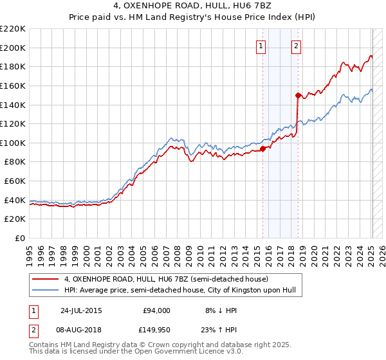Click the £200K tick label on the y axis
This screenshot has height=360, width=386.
[x=13, y=48]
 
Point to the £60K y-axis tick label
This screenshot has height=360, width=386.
[x=15, y=181]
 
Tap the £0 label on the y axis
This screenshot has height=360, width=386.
[x=21, y=239]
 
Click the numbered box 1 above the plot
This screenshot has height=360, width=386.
[x=261, y=46]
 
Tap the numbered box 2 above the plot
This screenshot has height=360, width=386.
[x=297, y=46]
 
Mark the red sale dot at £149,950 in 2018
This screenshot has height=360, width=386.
[x=298, y=95]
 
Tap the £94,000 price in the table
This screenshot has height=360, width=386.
[x=156, y=310]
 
